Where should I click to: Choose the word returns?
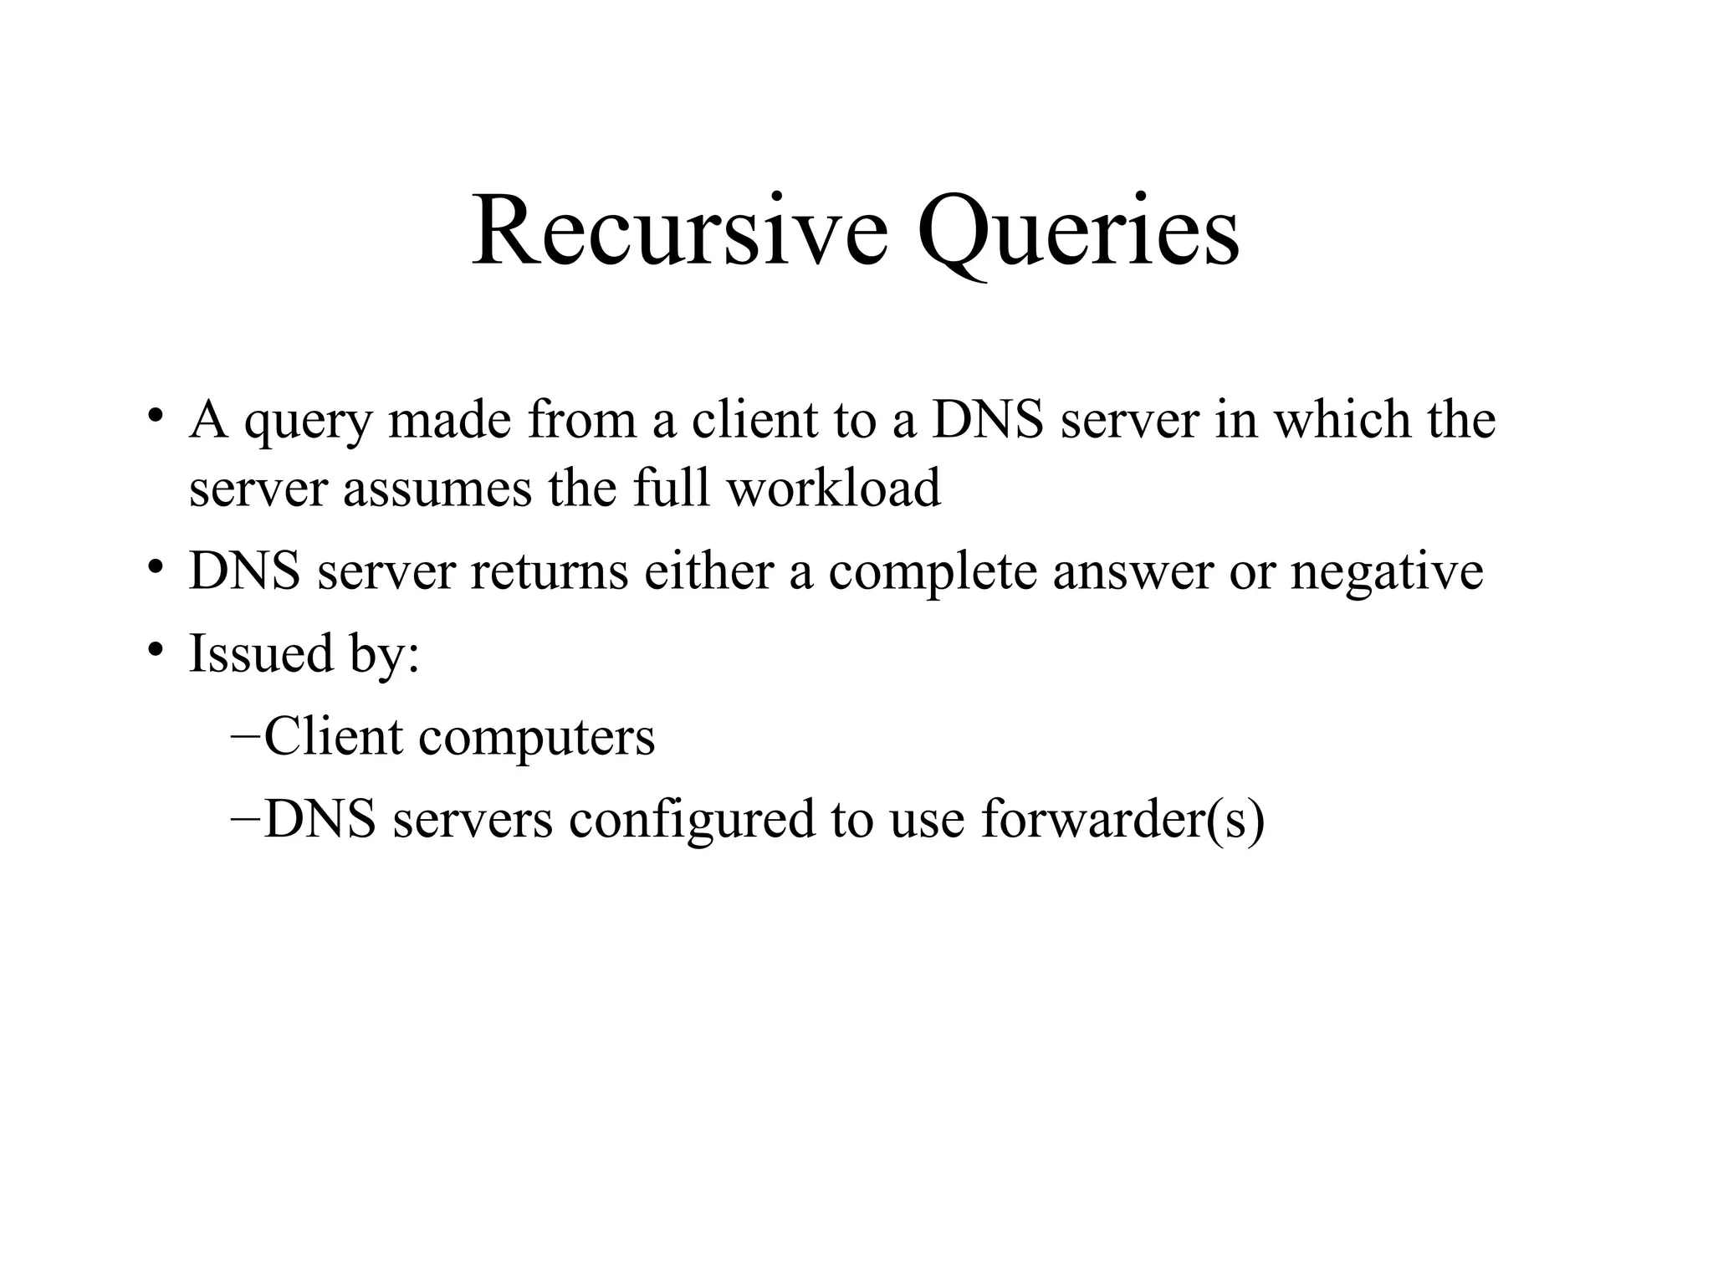(549, 572)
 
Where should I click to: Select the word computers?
(536, 738)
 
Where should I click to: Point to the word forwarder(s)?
(1122, 820)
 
